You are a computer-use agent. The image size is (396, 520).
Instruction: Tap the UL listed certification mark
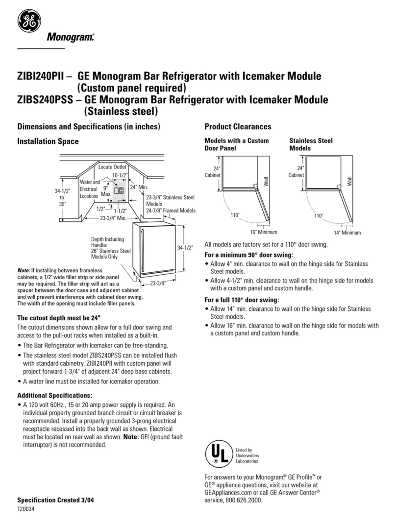click(x=217, y=454)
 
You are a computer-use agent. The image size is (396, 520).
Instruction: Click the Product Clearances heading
click(x=238, y=127)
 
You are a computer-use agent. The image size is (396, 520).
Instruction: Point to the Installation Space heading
click(x=48, y=142)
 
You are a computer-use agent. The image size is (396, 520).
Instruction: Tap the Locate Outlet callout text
click(x=113, y=167)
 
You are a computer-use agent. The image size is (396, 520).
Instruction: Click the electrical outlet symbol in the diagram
click(x=118, y=190)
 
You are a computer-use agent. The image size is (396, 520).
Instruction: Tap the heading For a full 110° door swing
click(x=242, y=300)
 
